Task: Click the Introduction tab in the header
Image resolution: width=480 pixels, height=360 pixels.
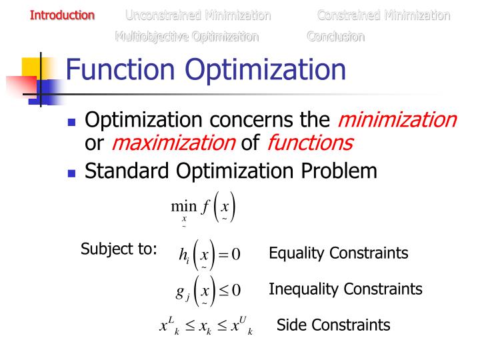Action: (63, 15)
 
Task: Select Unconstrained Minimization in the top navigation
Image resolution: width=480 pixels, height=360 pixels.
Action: (198, 15)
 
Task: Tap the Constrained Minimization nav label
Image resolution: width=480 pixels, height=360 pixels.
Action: (383, 15)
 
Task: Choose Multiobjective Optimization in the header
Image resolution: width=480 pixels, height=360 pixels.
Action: (187, 37)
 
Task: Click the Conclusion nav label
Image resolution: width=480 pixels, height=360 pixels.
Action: (336, 37)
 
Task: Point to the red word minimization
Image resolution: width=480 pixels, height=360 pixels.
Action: (397, 120)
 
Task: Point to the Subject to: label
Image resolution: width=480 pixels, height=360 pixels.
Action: (119, 250)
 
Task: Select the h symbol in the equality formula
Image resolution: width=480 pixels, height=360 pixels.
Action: (184, 254)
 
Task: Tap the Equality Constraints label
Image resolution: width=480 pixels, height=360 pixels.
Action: (338, 253)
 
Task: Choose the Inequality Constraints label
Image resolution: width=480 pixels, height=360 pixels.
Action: (345, 289)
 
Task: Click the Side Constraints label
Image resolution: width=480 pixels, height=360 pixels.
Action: (333, 325)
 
